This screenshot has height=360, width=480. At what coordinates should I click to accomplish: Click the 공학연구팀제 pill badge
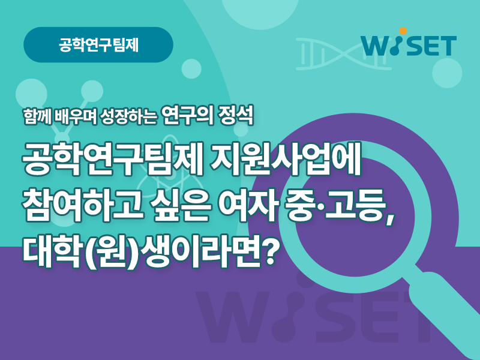[98, 44]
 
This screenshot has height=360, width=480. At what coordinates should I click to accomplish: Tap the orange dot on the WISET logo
[403, 31]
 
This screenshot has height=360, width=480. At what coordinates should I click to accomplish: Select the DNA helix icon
[343, 54]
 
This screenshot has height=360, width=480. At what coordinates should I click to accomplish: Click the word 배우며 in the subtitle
[74, 116]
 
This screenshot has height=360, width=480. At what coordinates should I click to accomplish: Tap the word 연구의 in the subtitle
[187, 116]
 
